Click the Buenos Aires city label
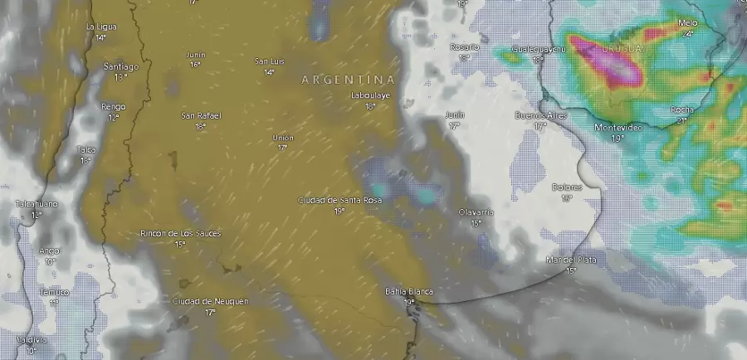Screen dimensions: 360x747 pyautogui.click(x=541, y=115)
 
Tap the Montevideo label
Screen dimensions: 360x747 pyautogui.click(x=618, y=127)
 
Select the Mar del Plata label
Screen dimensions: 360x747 pyautogui.click(x=572, y=260)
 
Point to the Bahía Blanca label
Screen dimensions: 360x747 pyautogui.click(x=409, y=291)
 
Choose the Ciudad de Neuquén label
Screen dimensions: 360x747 pyautogui.click(x=210, y=301)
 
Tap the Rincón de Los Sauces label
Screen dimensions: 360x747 pyautogui.click(x=181, y=233)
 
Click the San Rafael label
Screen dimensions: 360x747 pyautogui.click(x=199, y=115)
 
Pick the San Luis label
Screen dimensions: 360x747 pyautogui.click(x=270, y=61)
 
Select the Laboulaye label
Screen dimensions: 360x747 pyautogui.click(x=370, y=95)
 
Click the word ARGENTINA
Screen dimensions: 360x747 pyautogui.click(x=348, y=80)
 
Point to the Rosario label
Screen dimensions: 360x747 pyautogui.click(x=465, y=47)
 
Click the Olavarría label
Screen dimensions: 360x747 pyautogui.click(x=476, y=212)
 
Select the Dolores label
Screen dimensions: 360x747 pyautogui.click(x=567, y=187)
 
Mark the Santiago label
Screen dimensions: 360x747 pyautogui.click(x=120, y=66)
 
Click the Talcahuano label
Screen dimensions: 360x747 pyautogui.click(x=37, y=203)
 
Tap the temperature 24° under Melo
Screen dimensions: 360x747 pyautogui.click(x=687, y=34)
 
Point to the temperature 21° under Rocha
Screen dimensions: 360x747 pyautogui.click(x=681, y=120)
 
